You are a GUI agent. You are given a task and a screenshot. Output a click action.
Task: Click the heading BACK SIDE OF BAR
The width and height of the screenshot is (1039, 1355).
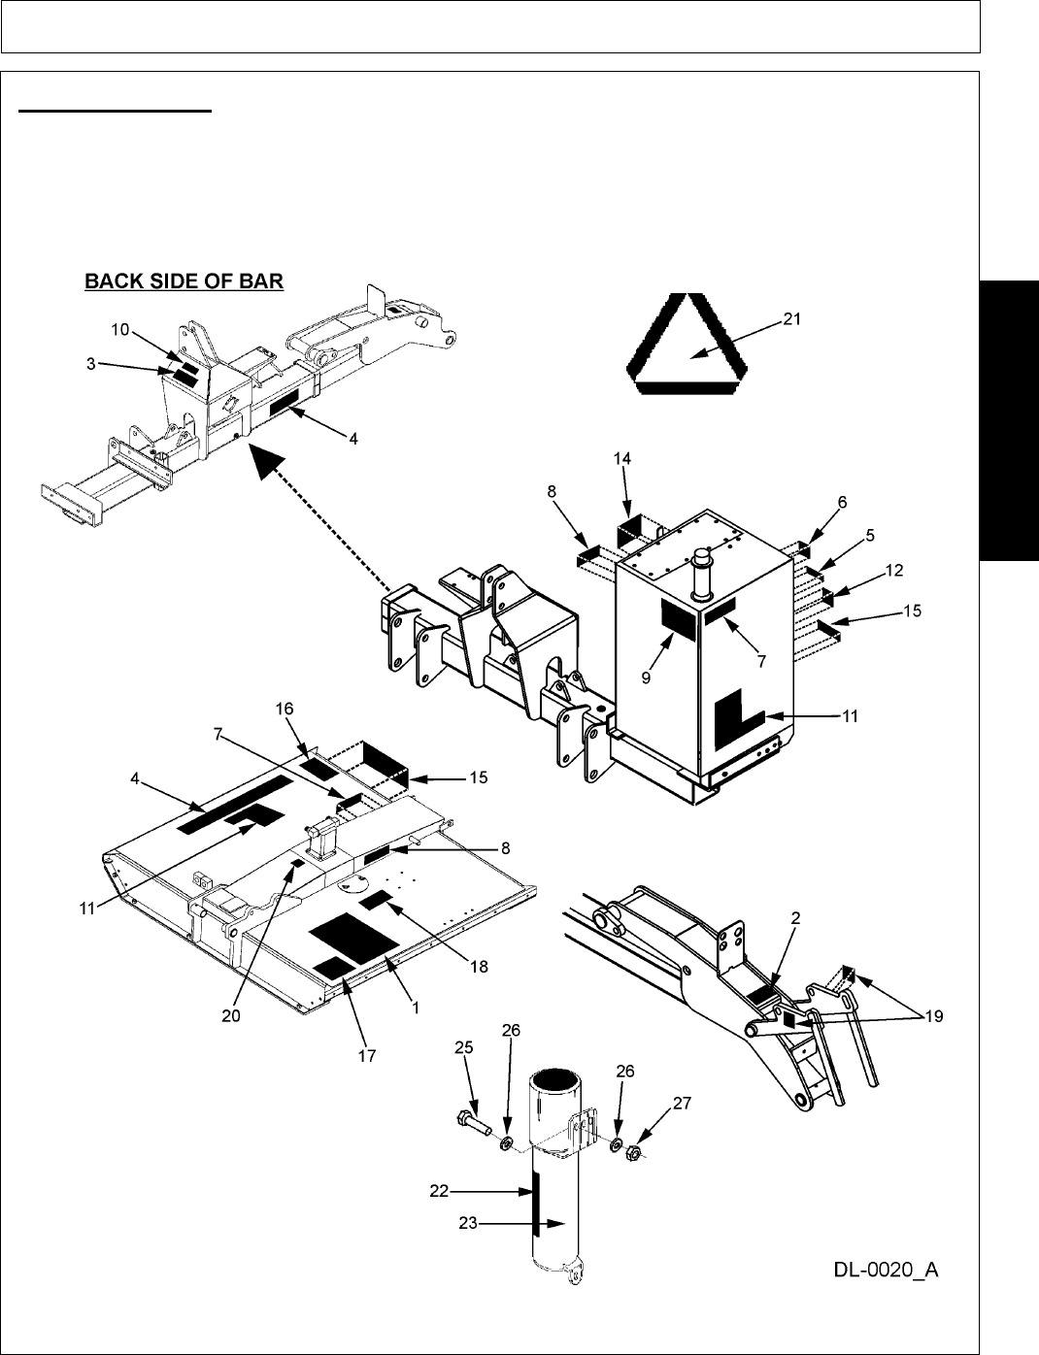(x=184, y=282)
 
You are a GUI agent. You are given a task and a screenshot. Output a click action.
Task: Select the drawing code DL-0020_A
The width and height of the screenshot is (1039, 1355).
(x=885, y=1270)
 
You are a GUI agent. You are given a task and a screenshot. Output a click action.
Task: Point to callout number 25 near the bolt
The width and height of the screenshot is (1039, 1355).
(x=463, y=1047)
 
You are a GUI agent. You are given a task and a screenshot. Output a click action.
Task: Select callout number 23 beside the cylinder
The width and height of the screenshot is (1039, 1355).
(x=468, y=1224)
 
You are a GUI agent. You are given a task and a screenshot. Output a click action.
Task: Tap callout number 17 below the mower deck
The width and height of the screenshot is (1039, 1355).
(x=365, y=1051)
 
